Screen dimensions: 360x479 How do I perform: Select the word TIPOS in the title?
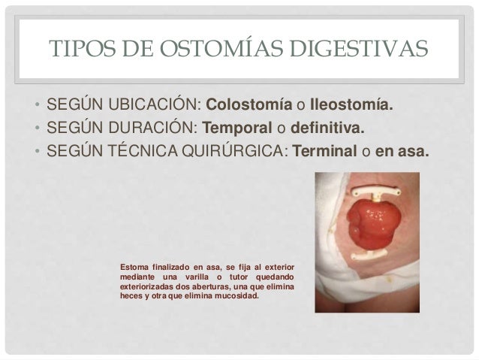pyautogui.click(x=77, y=50)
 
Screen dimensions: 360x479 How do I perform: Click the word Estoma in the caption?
pyautogui.click(x=133, y=268)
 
